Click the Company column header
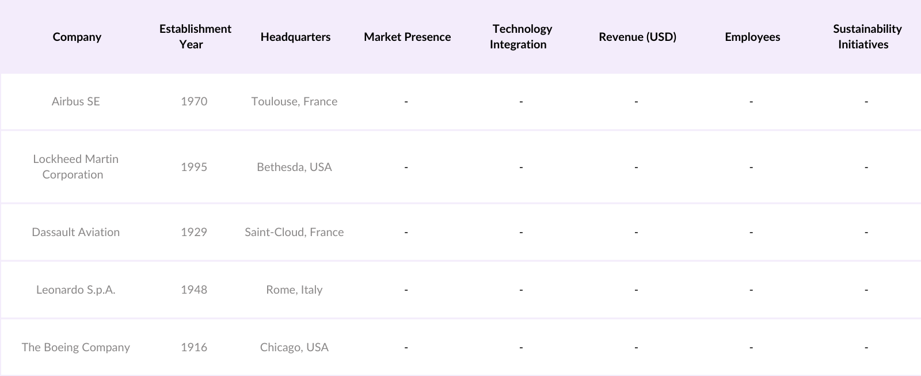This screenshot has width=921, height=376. pos(77,37)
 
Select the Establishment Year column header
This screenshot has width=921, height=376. pos(195,36)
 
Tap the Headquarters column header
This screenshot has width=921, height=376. pos(295,37)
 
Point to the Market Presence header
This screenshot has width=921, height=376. pos(407,37)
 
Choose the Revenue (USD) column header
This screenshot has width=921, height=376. pos(637,37)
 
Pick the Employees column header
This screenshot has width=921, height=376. pos(752,37)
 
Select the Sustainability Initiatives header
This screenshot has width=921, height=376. pos(866,36)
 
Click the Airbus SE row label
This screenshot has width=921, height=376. pos(76,101)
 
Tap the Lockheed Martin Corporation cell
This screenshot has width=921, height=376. pos(75,166)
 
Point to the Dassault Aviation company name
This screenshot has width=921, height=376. pos(76,232)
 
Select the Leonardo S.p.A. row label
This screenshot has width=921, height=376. pos(76,290)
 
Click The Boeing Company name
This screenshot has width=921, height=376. pos(76,347)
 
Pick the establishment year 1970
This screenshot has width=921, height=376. pos(194,101)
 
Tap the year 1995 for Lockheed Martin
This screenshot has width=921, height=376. pos(194,167)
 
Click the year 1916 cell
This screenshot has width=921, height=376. pos(194,347)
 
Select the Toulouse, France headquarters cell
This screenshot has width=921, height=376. pos(294,101)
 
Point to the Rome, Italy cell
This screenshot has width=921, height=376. pos(294,290)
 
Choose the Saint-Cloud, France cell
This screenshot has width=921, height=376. pos(294,232)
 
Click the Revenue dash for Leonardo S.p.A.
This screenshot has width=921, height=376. pos(636,290)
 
